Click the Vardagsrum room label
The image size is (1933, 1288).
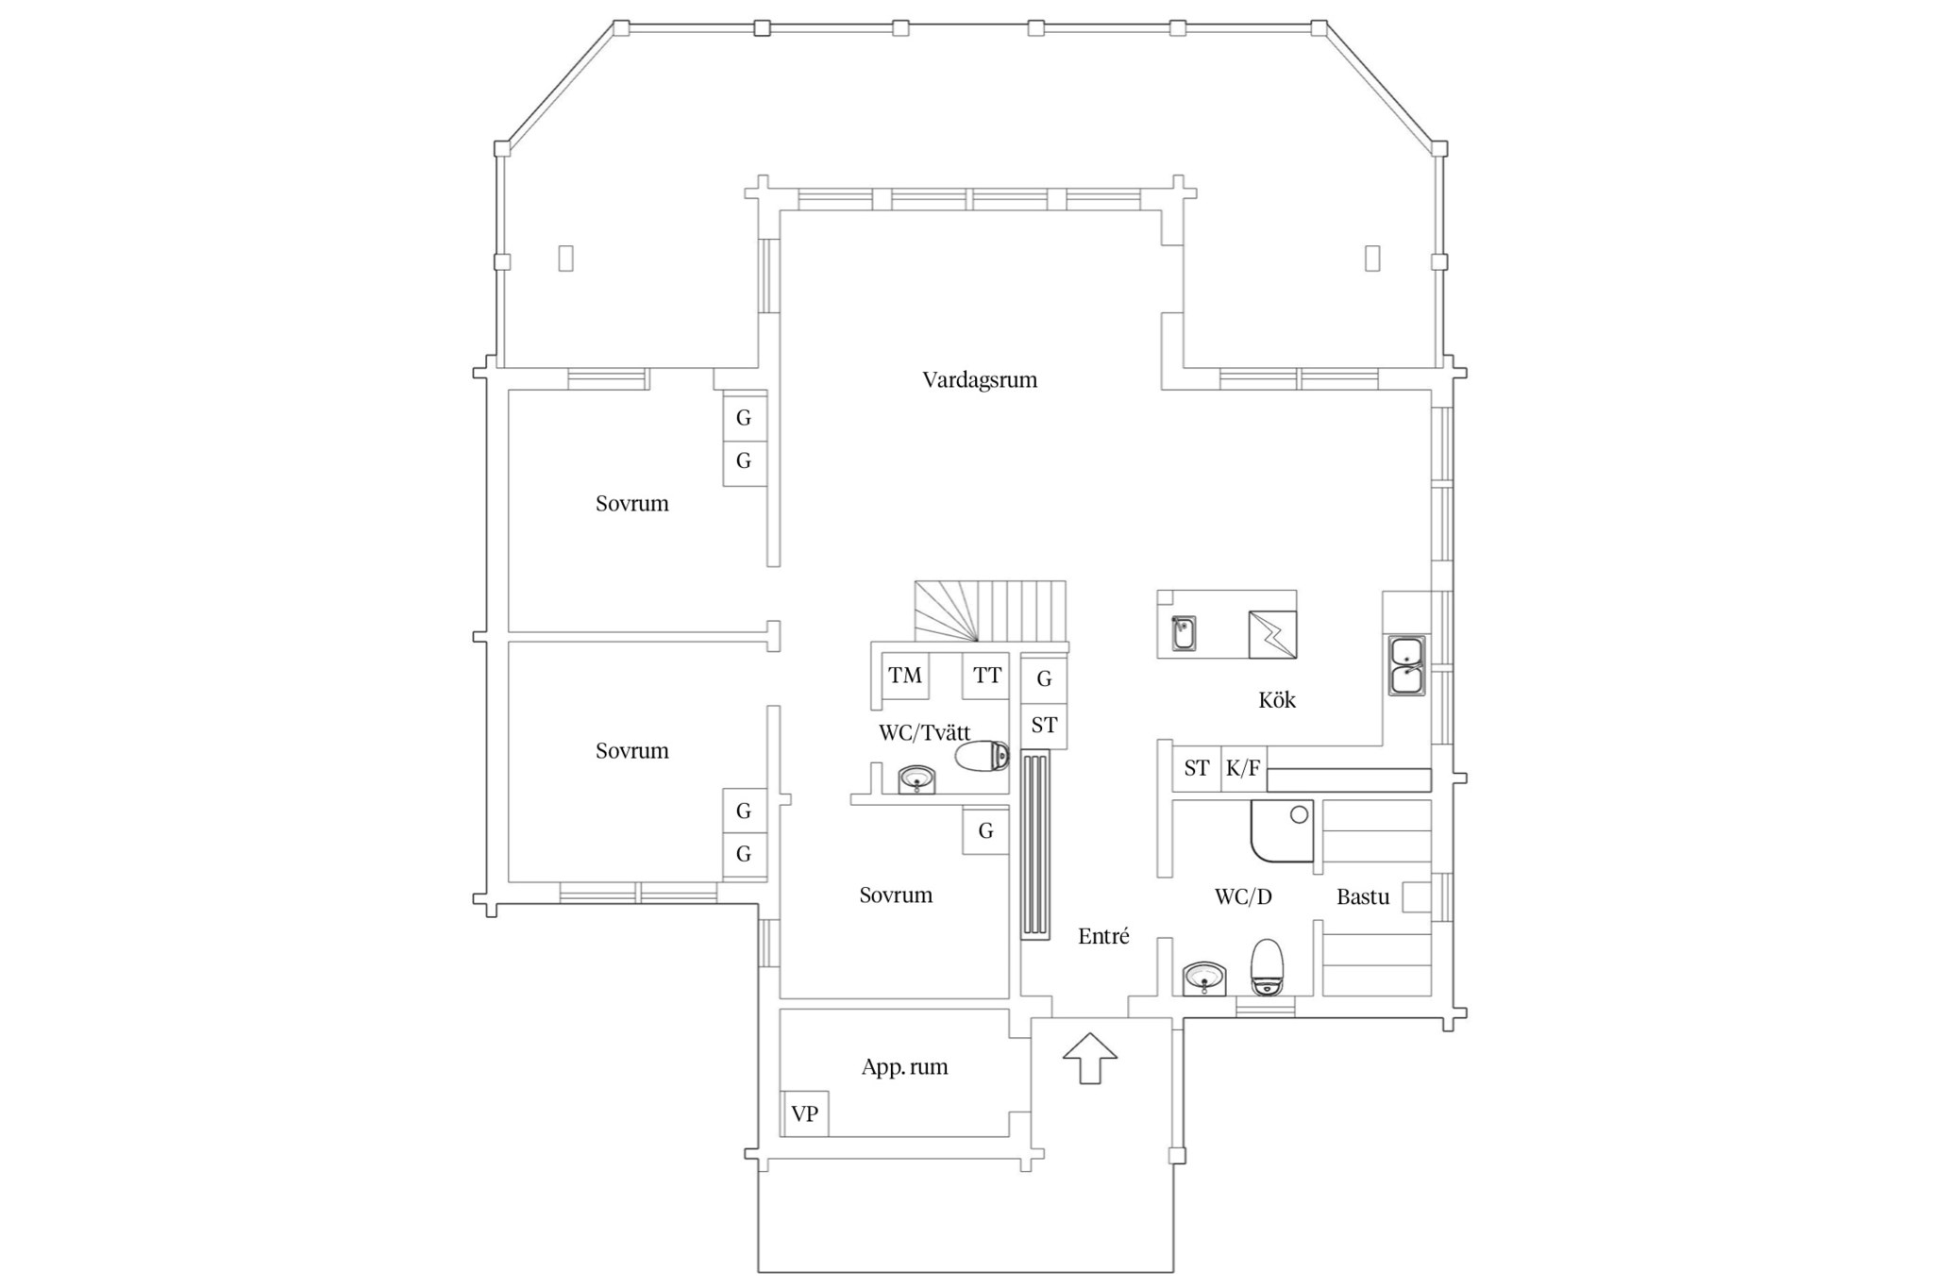tap(980, 380)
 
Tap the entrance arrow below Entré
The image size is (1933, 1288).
tap(1090, 1058)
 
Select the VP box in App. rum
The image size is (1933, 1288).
tap(805, 1113)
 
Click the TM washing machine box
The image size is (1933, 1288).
tap(905, 676)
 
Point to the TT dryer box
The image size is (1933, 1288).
tap(986, 676)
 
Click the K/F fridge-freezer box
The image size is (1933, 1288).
tap(1244, 768)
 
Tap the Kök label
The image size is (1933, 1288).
tap(1277, 700)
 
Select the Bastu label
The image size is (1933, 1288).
tap(1363, 896)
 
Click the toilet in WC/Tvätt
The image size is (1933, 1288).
tap(983, 756)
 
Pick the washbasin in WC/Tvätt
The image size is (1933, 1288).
tap(916, 779)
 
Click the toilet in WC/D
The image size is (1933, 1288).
tap(1267, 966)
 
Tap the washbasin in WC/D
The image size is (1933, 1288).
tap(1204, 979)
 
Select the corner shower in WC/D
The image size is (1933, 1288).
tap(1282, 831)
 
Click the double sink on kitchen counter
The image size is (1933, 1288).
tap(1407, 666)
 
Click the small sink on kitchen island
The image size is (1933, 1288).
tap(1184, 633)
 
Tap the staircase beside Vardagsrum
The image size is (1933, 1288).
tap(991, 612)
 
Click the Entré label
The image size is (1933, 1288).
tap(1103, 936)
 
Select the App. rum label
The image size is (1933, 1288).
tap(904, 1067)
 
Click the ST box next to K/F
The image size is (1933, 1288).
tap(1197, 768)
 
